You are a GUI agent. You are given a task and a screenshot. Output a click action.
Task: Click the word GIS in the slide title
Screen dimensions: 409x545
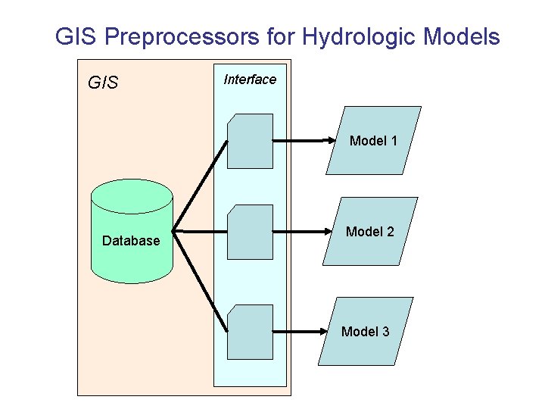77,36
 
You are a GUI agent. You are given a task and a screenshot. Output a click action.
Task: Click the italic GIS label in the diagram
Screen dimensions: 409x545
103,82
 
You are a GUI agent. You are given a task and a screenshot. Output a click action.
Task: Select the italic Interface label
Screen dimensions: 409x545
250,80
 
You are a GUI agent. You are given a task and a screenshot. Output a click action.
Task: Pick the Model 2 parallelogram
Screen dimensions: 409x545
370,231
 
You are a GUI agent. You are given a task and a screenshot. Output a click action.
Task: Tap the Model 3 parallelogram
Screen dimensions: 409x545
366,331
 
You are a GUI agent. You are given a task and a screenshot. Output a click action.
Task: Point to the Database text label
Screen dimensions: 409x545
131,241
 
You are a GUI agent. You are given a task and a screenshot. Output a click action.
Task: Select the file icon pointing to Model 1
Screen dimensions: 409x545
251,141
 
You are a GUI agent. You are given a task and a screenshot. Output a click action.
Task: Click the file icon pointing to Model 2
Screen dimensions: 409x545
251,232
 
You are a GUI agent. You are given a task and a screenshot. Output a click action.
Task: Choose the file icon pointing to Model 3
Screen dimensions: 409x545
251,332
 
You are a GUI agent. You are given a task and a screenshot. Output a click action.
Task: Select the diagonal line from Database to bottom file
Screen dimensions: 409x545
200,279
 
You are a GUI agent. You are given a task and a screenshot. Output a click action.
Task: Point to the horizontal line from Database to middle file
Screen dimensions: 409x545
201,229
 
